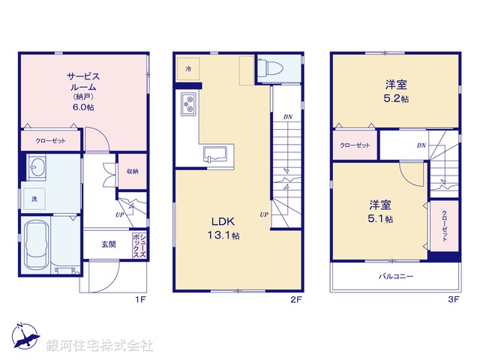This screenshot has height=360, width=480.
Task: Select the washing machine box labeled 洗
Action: pyautogui.click(x=34, y=198)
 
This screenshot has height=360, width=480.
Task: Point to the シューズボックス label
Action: pyautogui.click(x=139, y=245)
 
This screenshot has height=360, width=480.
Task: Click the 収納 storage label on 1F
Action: pyautogui.click(x=132, y=171)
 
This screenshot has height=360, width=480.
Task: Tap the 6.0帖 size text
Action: pyautogui.click(x=83, y=108)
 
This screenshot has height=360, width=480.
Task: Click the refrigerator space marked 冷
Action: pyautogui.click(x=188, y=67)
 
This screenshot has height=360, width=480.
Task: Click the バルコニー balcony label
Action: pyautogui.click(x=395, y=276)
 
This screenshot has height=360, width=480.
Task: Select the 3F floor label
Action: pyautogui.click(x=452, y=299)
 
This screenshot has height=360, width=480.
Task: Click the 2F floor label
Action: pyautogui.click(x=295, y=299)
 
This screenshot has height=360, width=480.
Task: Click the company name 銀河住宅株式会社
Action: pyautogui.click(x=100, y=346)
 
